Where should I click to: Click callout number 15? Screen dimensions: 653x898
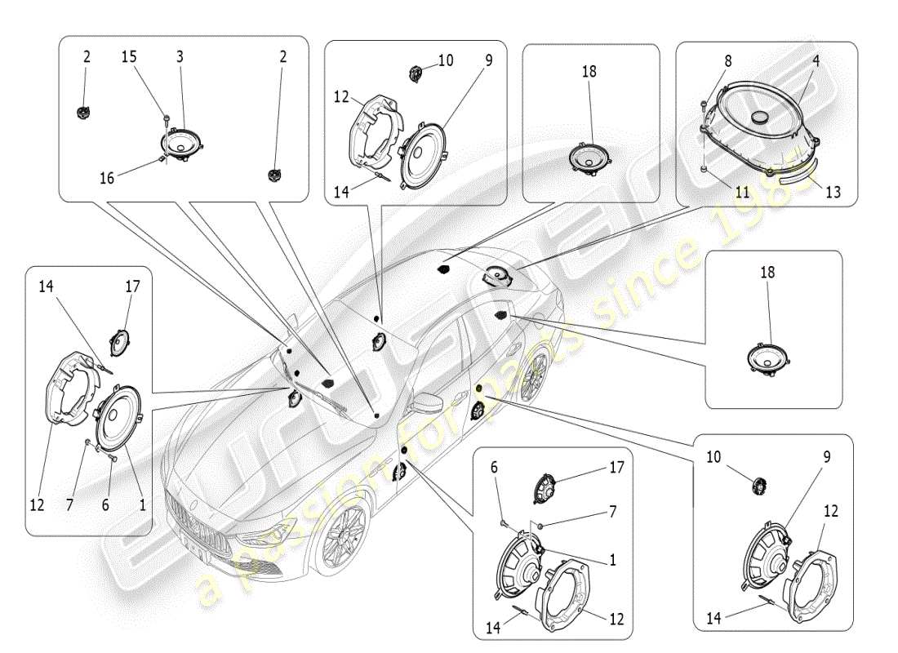click(x=129, y=56)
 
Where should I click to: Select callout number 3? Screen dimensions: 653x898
click(x=180, y=56)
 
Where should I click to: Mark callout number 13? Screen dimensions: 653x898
click(x=832, y=193)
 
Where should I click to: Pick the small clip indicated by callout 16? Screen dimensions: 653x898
click(x=163, y=158)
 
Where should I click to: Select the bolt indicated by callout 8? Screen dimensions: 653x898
click(x=702, y=104)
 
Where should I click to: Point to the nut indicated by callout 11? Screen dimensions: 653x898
click(x=703, y=169)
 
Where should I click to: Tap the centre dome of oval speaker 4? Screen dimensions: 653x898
click(x=763, y=118)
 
